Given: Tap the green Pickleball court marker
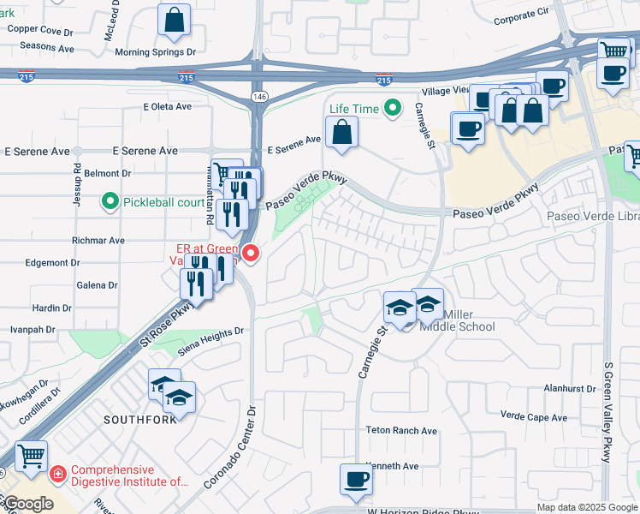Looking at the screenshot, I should (x=110, y=202).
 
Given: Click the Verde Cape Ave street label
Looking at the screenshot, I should (x=534, y=417).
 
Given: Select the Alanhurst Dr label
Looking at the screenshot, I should (x=570, y=388).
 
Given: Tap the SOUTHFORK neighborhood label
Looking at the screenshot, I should (x=140, y=420).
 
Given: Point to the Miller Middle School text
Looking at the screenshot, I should (x=459, y=320).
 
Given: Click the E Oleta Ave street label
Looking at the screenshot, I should (x=169, y=106).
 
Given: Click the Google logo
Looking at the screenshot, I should (x=27, y=504).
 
